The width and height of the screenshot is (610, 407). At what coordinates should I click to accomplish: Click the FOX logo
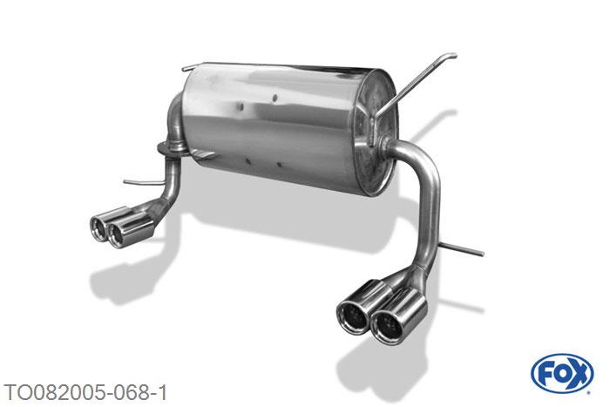pyautogui.click(x=562, y=374)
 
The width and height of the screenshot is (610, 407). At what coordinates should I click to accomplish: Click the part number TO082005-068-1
pyautogui.click(x=85, y=392)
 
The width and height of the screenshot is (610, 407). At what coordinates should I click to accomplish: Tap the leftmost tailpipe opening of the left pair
pyautogui.click(x=98, y=226)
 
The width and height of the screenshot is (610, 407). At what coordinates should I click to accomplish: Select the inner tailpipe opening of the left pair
pyautogui.click(x=116, y=234)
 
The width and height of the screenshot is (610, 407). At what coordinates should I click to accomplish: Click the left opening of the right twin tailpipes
pyautogui.click(x=352, y=316)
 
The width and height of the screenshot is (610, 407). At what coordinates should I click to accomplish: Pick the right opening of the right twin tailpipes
pyautogui.click(x=386, y=327)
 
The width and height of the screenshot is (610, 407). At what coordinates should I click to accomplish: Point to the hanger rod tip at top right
pyautogui.click(x=452, y=56)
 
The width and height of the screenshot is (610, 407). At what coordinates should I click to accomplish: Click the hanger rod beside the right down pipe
pyautogui.click(x=461, y=249)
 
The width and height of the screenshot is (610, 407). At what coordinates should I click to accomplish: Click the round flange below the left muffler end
pyautogui.click(x=171, y=149)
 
